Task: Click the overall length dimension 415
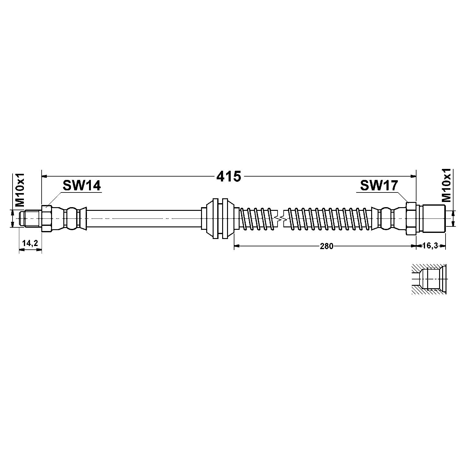[x=229, y=177]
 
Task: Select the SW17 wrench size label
[x=379, y=185]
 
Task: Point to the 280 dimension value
[x=326, y=246]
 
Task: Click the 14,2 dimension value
[x=30, y=243]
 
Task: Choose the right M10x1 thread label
[x=447, y=185]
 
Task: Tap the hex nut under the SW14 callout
[x=47, y=218]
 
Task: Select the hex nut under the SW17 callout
[x=411, y=218]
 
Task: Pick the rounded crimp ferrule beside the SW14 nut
[x=73, y=218]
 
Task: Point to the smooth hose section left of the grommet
[x=144, y=218]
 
